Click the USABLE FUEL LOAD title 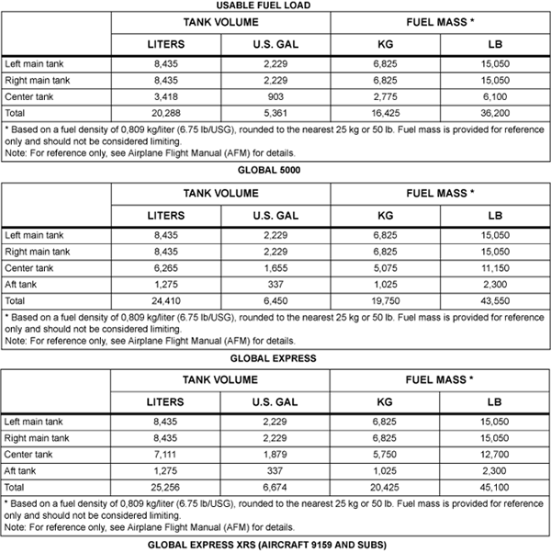click(x=275, y=6)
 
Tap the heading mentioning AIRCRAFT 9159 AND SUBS click(x=275, y=545)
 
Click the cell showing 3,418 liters click(x=165, y=96)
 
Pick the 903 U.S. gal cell click(x=274, y=96)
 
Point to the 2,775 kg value click(x=385, y=96)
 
